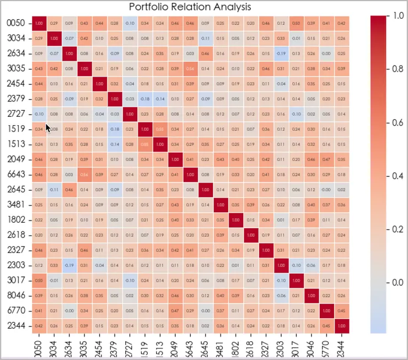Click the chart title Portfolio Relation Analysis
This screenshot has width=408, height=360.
pyautogui.click(x=190, y=7)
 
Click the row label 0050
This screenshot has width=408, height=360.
pyautogui.click(x=16, y=23)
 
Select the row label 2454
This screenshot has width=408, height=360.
pyautogui.click(x=16, y=84)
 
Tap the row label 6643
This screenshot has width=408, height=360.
pyautogui.click(x=16, y=174)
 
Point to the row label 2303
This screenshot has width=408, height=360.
pyautogui.click(x=16, y=265)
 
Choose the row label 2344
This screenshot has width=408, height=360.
pyautogui.click(x=16, y=325)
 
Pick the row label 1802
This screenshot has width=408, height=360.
pyautogui.click(x=16, y=219)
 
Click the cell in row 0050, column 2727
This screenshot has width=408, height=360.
pyautogui.click(x=130, y=23)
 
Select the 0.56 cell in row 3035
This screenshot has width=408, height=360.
pyautogui.click(x=190, y=68)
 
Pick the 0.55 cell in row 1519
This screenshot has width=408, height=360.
pyautogui.click(x=160, y=129)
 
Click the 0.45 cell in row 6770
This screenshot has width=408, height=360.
pyautogui.click(x=342, y=310)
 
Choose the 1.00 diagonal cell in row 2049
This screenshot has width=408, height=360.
pyautogui.click(x=175, y=159)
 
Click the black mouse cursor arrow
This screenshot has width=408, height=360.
pyautogui.click(x=48, y=127)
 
